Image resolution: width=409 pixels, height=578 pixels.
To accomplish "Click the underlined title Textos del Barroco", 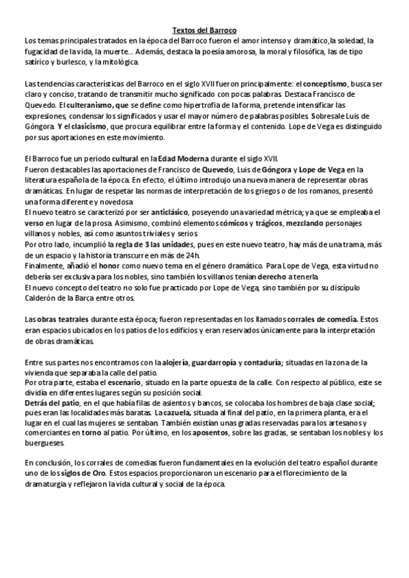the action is point(204,31).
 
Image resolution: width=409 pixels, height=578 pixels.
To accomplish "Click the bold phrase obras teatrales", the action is point(64,318).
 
